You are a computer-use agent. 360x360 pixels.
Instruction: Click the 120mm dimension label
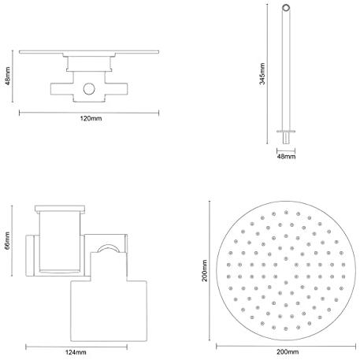coord(91,118)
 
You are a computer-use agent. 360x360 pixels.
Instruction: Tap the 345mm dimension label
coord(262,74)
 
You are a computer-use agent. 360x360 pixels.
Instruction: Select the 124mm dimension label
coord(76,352)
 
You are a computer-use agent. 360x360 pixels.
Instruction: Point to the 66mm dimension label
coord(7,240)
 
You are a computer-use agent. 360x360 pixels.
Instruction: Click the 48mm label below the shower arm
coord(286,157)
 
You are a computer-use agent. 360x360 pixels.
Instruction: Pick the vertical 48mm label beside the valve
coord(7,76)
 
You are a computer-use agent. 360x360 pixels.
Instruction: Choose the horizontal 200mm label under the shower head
coord(288,352)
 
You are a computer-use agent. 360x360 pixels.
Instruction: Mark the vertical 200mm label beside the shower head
coord(204,271)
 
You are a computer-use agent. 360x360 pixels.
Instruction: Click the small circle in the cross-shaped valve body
coord(89,89)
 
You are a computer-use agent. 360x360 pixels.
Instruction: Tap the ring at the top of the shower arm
coord(286,7)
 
